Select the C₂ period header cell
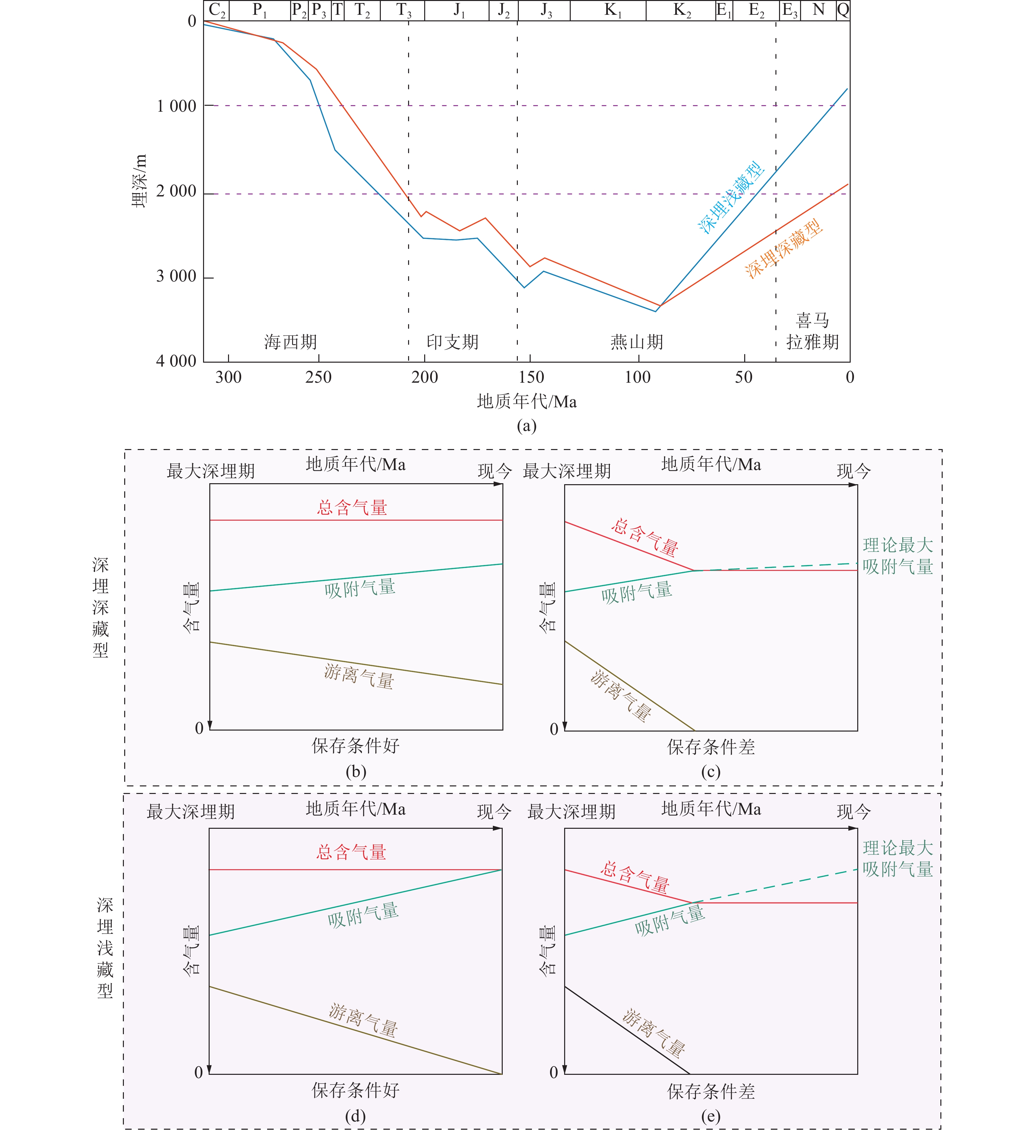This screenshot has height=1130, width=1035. (x=217, y=11)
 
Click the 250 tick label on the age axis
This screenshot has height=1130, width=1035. (x=318, y=377)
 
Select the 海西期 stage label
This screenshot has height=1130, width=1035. (x=290, y=342)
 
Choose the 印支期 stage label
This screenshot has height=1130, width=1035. (x=452, y=342)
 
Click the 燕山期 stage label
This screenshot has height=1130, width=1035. (x=637, y=342)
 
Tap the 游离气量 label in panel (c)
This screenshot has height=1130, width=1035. (x=621, y=695)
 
